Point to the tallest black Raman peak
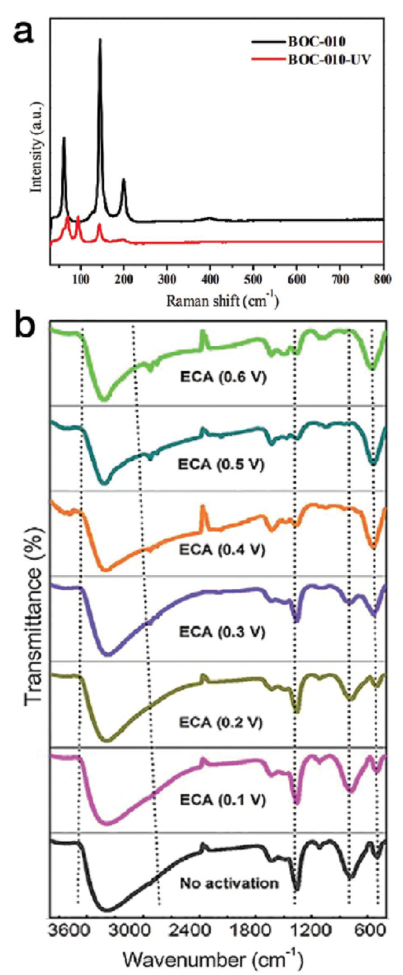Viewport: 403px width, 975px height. (x=100, y=40)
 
